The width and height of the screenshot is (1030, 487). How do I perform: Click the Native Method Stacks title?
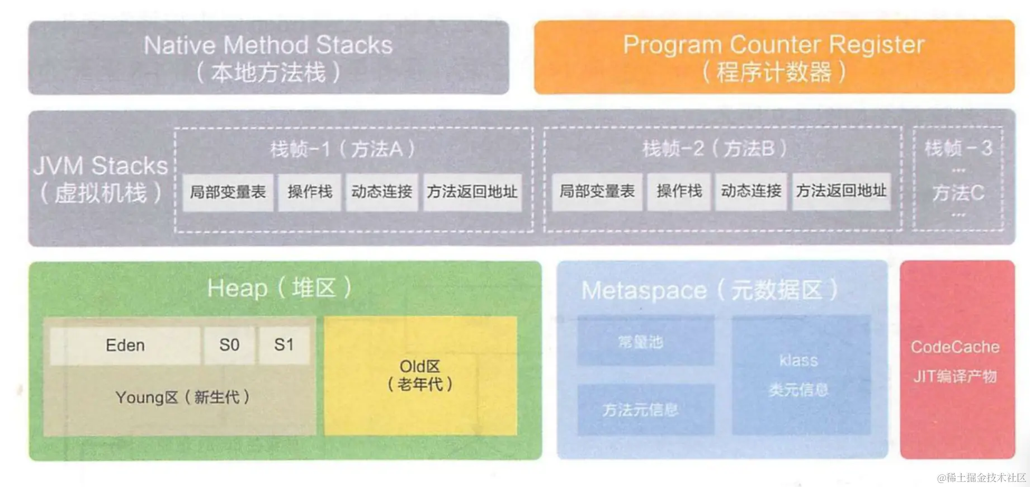[268, 45]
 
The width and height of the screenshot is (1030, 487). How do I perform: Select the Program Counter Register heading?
[774, 45]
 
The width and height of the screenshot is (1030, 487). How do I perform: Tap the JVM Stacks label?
[101, 166]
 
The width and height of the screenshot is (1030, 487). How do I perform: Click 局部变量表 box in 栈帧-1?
[228, 192]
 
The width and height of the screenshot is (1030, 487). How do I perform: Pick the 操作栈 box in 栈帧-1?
[310, 192]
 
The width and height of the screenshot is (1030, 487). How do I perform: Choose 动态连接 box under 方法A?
[382, 192]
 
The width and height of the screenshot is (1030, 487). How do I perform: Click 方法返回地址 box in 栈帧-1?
[473, 192]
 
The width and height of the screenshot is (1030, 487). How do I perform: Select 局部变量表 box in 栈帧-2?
[597, 192]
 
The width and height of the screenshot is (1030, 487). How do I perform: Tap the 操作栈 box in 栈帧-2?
[679, 192]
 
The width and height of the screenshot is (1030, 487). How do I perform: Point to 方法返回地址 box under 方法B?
[842, 192]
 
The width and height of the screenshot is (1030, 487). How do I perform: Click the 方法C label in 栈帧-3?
[958, 193]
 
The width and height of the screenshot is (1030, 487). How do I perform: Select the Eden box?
[125, 346]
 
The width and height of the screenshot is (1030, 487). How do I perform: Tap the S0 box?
[229, 346]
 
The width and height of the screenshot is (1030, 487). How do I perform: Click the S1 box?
[284, 346]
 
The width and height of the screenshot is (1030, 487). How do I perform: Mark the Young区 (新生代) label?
[182, 398]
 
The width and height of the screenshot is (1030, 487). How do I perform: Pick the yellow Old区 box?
[420, 375]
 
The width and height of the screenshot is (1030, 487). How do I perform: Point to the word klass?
[799, 361]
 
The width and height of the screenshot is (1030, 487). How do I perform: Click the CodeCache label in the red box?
[955, 347]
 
